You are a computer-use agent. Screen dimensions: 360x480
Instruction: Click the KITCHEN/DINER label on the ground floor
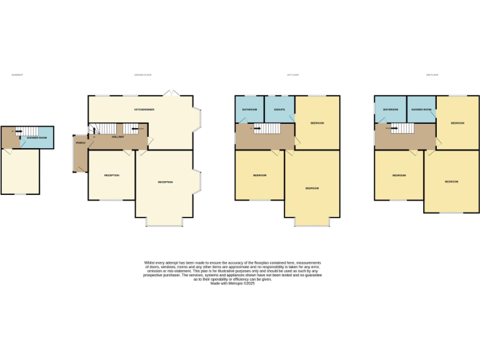point(144,109)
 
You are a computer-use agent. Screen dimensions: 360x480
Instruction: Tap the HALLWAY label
point(117,136)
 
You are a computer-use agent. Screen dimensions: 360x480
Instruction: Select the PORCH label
point(81,143)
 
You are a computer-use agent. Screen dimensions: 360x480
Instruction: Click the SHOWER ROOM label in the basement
point(37,137)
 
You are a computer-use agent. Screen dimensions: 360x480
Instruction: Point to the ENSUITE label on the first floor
point(279,109)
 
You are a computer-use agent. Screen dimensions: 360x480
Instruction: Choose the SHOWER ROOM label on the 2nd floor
point(421,109)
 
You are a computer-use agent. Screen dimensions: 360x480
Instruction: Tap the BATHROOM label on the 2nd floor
point(391,109)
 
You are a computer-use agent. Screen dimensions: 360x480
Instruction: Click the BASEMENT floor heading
point(17,75)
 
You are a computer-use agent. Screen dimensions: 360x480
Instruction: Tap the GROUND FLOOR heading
point(143,75)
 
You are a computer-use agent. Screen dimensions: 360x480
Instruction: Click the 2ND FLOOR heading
point(432,75)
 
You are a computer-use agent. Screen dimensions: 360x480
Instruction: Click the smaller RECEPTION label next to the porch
point(111,175)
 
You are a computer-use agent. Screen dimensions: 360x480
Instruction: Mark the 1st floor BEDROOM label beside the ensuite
point(317,123)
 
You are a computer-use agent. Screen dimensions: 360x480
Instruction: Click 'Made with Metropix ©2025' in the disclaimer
point(232,283)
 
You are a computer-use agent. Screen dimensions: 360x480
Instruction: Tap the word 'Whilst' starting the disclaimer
point(149,262)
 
